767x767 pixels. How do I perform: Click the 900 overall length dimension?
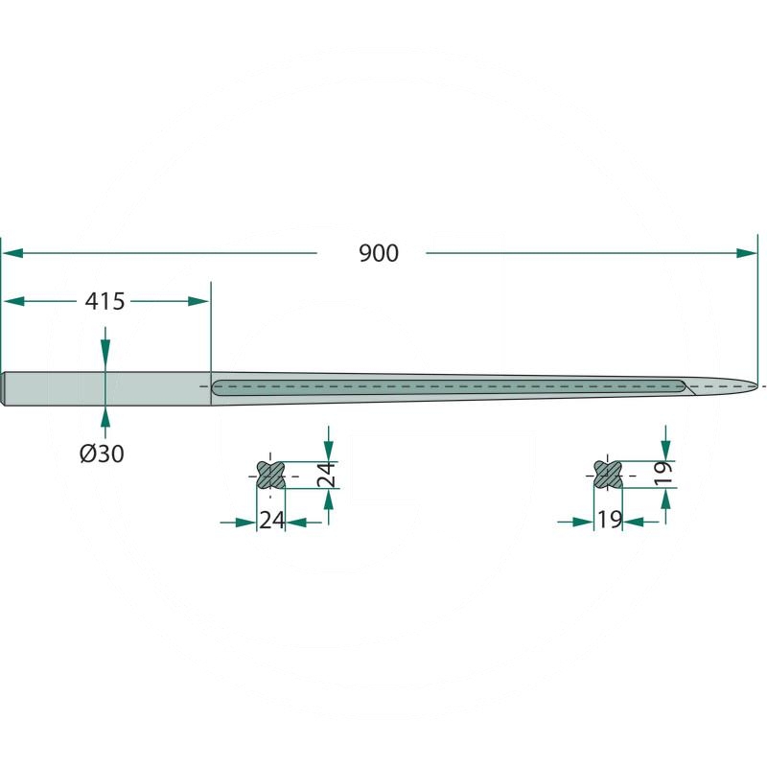379,253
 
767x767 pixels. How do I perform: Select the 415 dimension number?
105,301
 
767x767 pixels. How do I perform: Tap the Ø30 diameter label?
102,453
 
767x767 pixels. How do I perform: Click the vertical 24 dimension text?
326,475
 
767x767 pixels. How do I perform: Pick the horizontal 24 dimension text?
271,520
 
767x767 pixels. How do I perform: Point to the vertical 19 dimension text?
663,474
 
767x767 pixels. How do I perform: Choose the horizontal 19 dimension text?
610,520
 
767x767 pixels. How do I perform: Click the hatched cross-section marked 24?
270,475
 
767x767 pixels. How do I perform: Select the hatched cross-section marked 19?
608,475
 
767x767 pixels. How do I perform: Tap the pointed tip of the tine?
756,386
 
